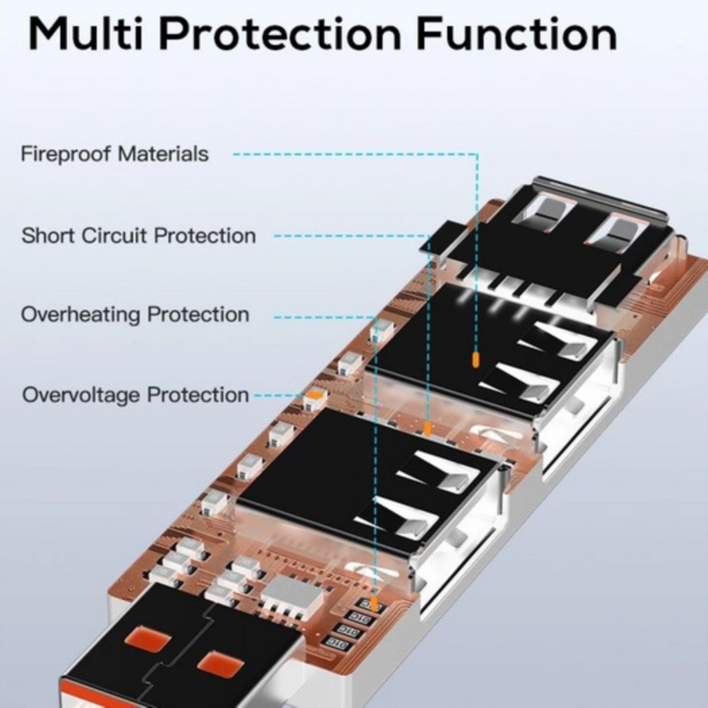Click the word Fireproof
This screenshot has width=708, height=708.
[66, 155]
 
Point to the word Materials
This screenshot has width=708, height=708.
[163, 154]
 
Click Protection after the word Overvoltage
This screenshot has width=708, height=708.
[198, 395]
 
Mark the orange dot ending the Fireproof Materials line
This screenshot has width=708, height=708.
[475, 360]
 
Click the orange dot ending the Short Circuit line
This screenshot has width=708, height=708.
[428, 428]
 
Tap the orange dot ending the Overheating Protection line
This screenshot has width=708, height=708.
[374, 602]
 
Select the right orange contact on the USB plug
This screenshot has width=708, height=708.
[218, 661]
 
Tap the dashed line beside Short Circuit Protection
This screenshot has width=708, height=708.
[349, 236]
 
